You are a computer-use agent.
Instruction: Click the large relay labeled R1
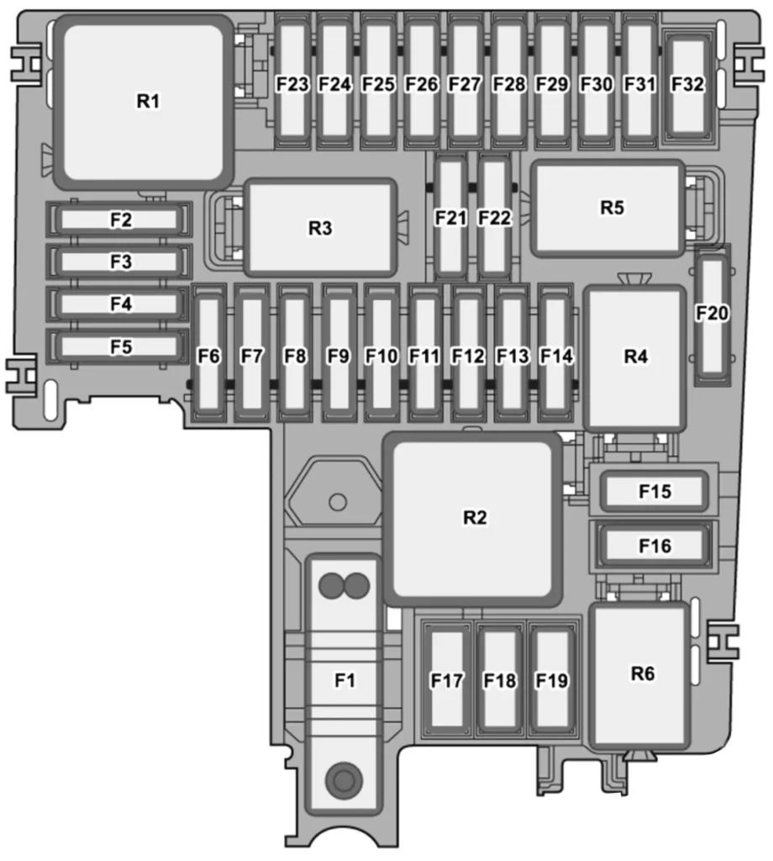[145, 102]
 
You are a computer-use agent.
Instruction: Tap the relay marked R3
[320, 227]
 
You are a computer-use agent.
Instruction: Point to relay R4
[634, 358]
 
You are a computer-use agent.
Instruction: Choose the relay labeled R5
[607, 209]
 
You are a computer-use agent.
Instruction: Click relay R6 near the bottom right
[639, 675]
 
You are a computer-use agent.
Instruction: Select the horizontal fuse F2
[119, 219]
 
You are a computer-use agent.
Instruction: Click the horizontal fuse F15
[654, 491]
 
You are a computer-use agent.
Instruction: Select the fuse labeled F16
[654, 545]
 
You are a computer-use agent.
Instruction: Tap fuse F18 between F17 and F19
[500, 679]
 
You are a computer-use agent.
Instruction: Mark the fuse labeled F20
[713, 315]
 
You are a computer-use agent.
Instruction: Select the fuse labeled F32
[688, 85]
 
